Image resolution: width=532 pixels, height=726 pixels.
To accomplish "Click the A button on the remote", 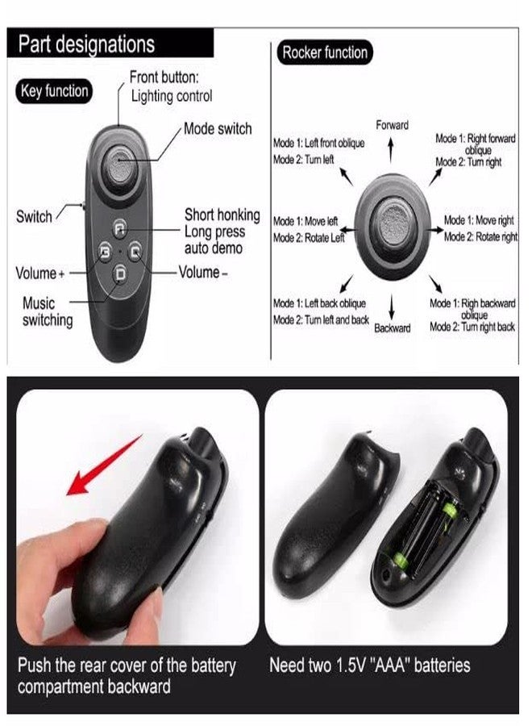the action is coord(119,228).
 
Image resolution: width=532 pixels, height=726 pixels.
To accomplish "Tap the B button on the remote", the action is coord(106,252).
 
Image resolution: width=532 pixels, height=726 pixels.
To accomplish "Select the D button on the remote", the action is coord(120,274).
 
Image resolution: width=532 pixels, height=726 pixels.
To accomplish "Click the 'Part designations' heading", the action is coord(86,44).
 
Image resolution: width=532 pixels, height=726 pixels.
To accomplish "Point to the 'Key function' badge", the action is coord(54,90).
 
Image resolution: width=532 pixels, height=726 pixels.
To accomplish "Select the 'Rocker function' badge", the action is coord(325,52).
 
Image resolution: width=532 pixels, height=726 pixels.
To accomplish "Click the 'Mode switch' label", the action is coord(218,128).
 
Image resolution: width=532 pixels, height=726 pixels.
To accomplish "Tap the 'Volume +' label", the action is coord(39,273).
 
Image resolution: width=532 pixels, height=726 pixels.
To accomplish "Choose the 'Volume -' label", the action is coord(203,273).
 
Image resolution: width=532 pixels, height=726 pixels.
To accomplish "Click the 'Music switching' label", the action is coord(48,311).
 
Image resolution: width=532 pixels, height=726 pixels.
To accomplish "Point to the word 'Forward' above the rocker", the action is coord(392,125).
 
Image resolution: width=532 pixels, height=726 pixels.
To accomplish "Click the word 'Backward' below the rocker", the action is coord(393,328).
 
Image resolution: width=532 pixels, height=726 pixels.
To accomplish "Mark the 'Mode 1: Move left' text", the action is coord(305,221).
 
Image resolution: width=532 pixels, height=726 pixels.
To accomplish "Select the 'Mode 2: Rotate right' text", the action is coord(480,237).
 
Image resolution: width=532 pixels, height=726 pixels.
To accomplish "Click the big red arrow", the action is coord(104,465).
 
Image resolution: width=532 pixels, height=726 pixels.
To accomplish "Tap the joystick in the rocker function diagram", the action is coord(393,226).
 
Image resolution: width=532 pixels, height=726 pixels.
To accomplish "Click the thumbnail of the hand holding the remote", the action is coord(137,517).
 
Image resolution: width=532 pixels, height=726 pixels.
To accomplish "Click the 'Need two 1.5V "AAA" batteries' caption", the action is coord(370,665).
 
